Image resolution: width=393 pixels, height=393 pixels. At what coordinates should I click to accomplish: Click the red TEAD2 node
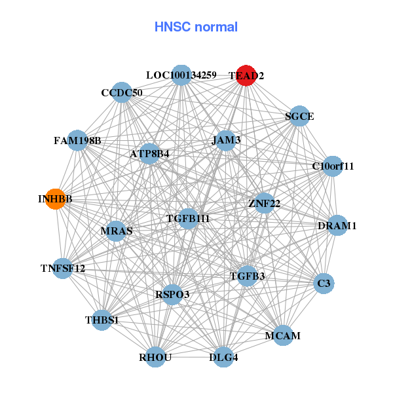[246, 75]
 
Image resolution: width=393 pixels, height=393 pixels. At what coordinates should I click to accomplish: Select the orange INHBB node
[56, 199]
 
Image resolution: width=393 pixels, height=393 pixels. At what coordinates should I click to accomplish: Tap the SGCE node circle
[299, 116]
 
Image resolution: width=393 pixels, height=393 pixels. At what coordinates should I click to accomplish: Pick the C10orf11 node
[333, 166]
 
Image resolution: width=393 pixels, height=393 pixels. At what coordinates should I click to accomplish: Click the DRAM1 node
[337, 225]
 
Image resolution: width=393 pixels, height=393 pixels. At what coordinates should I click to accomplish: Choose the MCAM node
[283, 335]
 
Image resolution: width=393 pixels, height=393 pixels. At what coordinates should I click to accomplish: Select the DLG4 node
[223, 357]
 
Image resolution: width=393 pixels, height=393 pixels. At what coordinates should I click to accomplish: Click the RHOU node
[155, 357]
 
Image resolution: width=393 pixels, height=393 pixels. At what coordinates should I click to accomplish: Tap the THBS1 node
[102, 320]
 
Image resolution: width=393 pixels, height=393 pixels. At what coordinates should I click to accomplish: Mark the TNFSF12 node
[62, 268]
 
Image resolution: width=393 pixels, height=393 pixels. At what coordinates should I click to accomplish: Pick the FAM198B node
[77, 140]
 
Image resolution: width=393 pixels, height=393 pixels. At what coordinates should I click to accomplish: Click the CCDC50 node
[122, 92]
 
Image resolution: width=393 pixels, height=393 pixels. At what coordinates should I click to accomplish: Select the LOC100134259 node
[181, 75]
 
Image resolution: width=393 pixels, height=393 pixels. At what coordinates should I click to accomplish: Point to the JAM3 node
[226, 140]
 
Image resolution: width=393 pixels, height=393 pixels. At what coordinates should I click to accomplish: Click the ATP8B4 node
[149, 154]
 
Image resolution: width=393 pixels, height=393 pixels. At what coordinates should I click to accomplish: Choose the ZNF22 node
[264, 203]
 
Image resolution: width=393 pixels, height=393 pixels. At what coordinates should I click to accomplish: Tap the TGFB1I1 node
[188, 218]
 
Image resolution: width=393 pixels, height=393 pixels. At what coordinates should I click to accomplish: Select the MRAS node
[117, 231]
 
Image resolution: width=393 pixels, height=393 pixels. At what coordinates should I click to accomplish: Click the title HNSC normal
[196, 27]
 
